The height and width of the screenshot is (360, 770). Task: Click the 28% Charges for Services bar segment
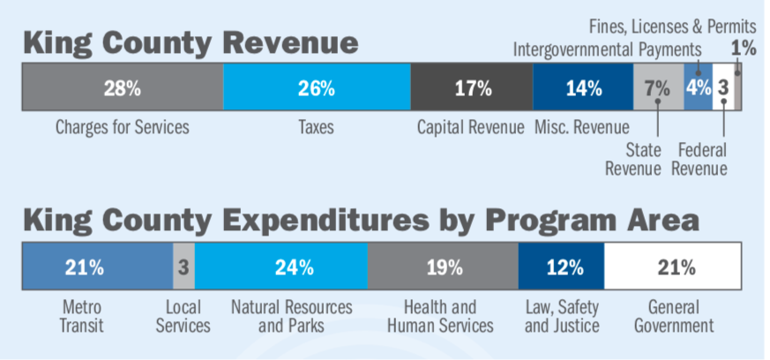[x=122, y=88]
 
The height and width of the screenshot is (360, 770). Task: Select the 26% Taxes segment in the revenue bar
[x=317, y=88]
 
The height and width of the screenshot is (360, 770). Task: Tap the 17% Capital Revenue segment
[x=472, y=88]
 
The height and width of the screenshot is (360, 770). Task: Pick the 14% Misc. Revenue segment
[x=583, y=88]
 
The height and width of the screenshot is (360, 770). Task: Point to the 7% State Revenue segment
[x=658, y=88]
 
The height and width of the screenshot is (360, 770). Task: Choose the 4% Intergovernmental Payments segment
[x=698, y=88]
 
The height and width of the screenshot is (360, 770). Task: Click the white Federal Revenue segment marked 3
[x=722, y=88]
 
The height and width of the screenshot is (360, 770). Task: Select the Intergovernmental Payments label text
[x=608, y=49]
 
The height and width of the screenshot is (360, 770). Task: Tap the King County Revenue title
[x=191, y=42]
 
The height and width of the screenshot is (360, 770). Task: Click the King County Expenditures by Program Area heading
[x=361, y=221]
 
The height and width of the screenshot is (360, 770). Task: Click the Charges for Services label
[x=122, y=127]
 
